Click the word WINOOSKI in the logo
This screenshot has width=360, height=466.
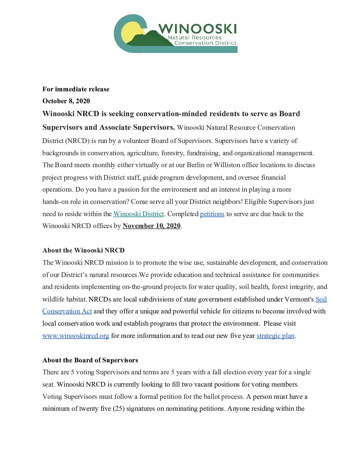click(198, 29)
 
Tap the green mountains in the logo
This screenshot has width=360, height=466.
click(149, 39)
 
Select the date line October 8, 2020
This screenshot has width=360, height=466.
click(66, 101)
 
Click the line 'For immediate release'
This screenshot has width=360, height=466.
click(76, 89)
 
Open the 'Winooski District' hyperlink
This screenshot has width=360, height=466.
click(139, 214)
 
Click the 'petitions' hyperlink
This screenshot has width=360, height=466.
click(212, 214)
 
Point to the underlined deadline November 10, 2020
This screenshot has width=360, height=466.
click(152, 226)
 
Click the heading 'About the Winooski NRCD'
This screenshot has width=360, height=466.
click(83, 250)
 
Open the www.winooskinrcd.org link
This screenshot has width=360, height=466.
click(75, 336)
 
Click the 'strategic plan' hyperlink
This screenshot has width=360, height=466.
click(275, 336)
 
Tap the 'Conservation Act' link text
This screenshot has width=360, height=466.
click(67, 311)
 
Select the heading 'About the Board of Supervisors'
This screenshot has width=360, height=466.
click(90, 360)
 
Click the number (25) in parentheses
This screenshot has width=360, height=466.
click(118, 408)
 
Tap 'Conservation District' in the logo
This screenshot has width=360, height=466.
click(205, 43)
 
